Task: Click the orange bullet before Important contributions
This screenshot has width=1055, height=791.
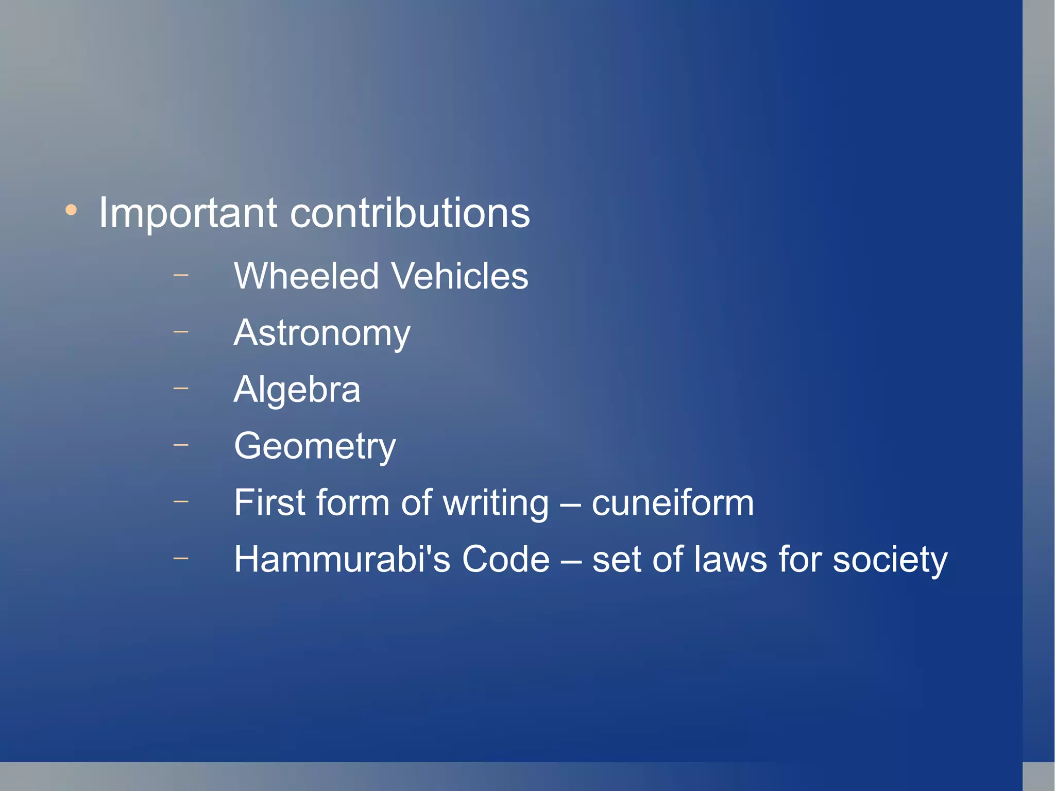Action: pos(71,210)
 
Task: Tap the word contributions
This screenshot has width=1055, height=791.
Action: pos(410,213)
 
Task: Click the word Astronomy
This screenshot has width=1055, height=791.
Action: pos(322,334)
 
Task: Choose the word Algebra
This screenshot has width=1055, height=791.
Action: pos(297,390)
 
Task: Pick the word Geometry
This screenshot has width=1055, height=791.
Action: pos(315,447)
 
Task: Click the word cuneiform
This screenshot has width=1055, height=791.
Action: pos(672,503)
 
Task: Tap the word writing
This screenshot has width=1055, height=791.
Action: pos(496,504)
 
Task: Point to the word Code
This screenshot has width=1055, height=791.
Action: pos(505,560)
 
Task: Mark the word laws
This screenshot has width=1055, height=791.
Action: pos(730,560)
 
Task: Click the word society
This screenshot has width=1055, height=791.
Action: pos(890,561)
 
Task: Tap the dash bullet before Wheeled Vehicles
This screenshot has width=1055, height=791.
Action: pos(181,275)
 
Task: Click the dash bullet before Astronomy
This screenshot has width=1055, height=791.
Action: pos(181,331)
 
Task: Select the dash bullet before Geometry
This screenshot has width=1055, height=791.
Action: pos(181,444)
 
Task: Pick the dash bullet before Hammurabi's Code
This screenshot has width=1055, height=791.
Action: pos(181,558)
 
